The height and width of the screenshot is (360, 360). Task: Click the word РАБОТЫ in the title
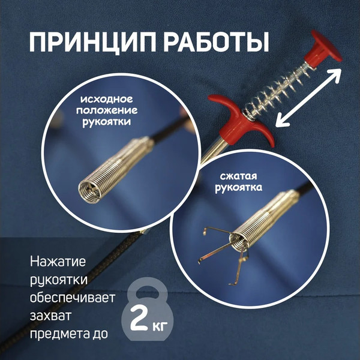tap(210, 45)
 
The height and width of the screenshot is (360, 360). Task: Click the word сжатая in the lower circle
tap(239, 178)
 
